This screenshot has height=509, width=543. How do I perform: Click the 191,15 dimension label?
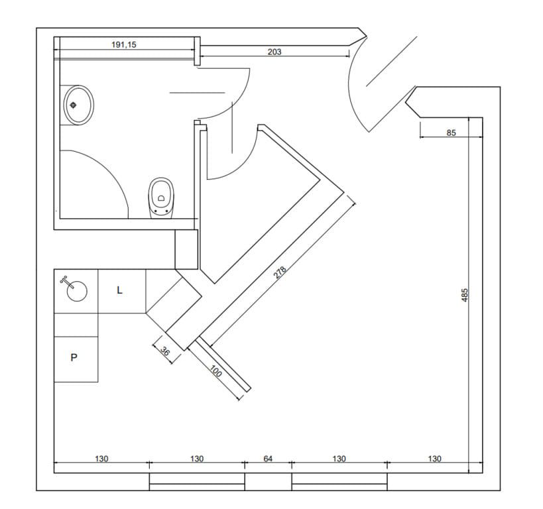[125, 44]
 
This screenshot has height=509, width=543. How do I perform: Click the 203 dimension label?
[274, 51]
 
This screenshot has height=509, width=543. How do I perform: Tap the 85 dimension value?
[452, 133]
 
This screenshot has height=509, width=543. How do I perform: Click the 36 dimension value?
[166, 354]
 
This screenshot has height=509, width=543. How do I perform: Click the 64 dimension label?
[269, 459]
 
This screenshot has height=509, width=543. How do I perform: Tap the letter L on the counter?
[120, 290]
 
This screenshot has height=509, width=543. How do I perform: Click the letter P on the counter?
[74, 357]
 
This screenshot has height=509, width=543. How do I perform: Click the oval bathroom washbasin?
[78, 105]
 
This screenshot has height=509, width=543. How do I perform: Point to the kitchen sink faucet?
[64, 280]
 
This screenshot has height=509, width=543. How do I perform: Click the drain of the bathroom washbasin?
[73, 105]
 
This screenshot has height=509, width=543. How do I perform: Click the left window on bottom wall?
[197, 481]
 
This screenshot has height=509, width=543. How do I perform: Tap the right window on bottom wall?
[339, 481]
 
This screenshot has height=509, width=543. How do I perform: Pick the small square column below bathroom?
[186, 249]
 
